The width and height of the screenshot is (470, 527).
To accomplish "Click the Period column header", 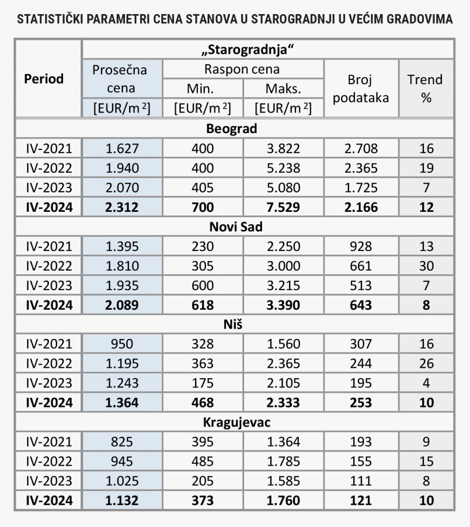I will click(x=44, y=79).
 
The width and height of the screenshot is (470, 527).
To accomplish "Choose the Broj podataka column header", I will click(x=361, y=89).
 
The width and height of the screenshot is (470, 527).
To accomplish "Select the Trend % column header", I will click(x=425, y=89).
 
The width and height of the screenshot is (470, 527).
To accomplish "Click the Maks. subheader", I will click(x=283, y=89).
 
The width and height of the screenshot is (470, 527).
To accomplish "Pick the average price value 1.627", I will click(x=122, y=148).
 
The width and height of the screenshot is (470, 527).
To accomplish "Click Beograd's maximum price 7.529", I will click(x=283, y=207).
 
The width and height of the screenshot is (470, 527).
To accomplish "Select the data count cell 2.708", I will click(x=361, y=148).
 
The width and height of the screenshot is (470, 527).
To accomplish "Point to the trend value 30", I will click(x=427, y=266).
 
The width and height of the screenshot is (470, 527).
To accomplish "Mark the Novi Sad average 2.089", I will click(x=122, y=305).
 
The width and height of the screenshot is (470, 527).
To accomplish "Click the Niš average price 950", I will click(x=122, y=344).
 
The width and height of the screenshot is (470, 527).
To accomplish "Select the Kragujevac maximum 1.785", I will click(x=283, y=461).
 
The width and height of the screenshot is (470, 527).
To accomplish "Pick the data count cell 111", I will click(x=361, y=481).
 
